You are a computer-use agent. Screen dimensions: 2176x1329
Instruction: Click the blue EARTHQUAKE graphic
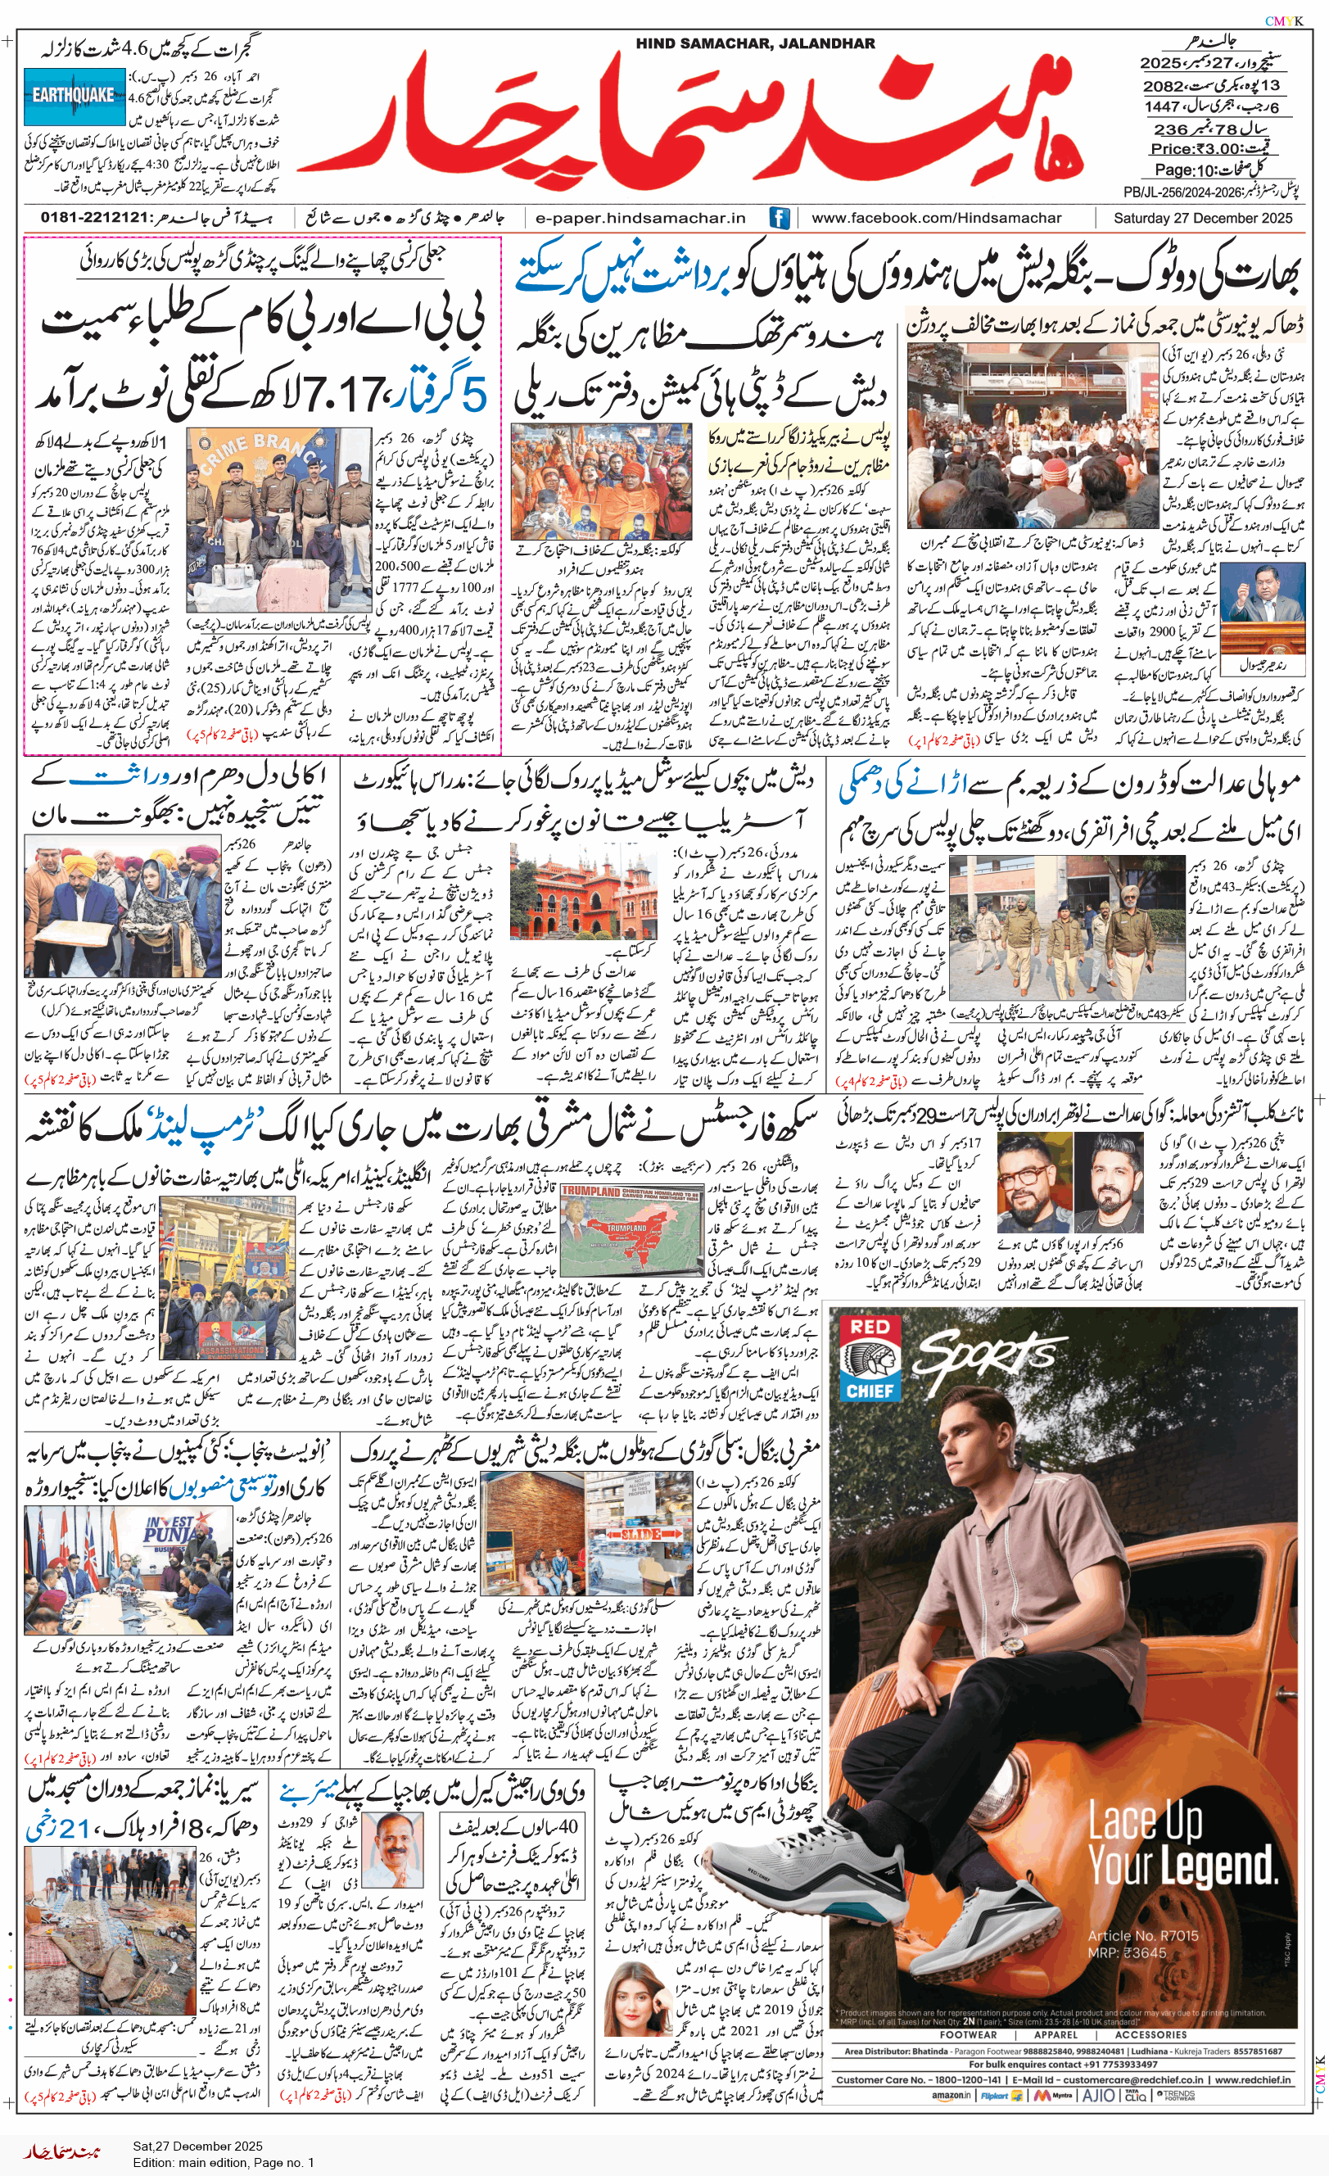75,94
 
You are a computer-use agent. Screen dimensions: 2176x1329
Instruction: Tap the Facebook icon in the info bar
779,217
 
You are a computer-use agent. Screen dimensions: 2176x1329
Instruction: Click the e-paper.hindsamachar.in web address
640,217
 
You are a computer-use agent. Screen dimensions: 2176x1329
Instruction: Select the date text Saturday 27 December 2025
1202,217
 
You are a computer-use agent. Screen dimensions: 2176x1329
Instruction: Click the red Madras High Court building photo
582,890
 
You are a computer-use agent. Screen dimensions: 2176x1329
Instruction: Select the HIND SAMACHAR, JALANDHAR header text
755,43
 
